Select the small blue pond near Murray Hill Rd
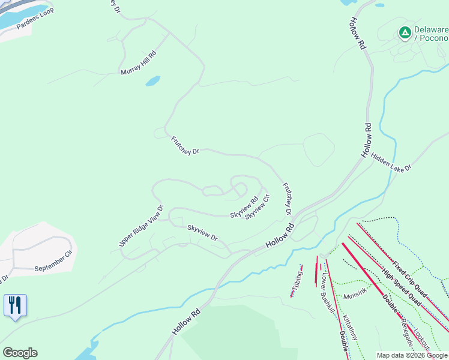click(x=153, y=80)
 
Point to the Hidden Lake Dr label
click(x=391, y=161)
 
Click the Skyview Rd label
click(x=244, y=207)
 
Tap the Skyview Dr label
click(x=202, y=232)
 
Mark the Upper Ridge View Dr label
click(x=141, y=226)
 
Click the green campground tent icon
click(x=405, y=32)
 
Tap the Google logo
click(x=20, y=352)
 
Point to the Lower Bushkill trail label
click(x=327, y=293)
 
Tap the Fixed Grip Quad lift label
click(x=410, y=280)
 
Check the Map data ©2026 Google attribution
click(x=412, y=355)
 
